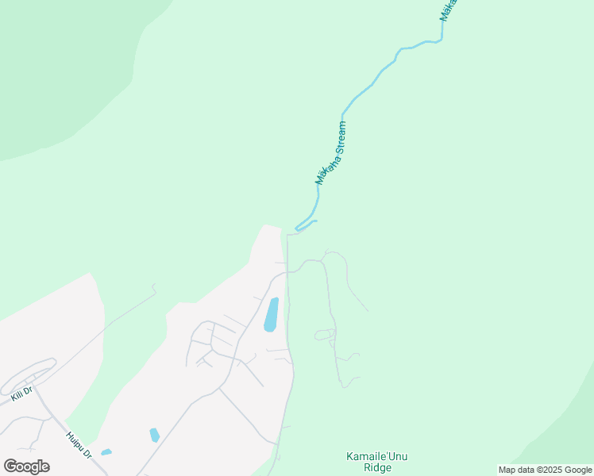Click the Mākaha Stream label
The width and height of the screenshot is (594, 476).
coord(331,153)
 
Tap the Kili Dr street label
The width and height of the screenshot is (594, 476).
coord(21,393)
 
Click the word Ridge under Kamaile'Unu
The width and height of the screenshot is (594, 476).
coord(378,468)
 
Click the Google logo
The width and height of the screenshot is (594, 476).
coord(26,466)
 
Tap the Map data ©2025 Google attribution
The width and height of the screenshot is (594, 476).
coord(545,470)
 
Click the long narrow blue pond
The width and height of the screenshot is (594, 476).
coord(271,314)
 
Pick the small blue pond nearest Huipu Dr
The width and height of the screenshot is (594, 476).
coord(106,452)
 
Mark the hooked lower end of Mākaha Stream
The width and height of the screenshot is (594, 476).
coord(299,228)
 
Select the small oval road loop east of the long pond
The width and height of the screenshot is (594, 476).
coord(324,335)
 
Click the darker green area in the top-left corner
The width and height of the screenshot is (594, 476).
coord(64,63)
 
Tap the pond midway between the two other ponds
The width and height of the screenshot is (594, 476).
coord(154,435)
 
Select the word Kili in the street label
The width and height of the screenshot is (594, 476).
coord(17,393)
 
